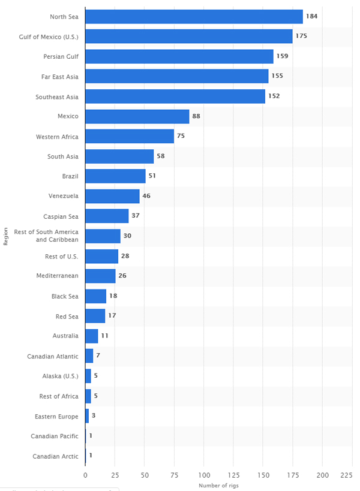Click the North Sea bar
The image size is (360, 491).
[194, 16]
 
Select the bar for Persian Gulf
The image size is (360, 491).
[179, 56]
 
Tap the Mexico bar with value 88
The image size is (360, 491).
[137, 116]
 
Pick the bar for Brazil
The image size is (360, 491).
[115, 176]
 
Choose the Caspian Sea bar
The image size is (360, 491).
[107, 216]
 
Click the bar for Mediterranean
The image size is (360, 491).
[100, 276]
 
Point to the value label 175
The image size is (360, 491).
[301, 36]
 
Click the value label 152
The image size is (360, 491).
[274, 96]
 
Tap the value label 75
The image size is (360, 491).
[181, 136]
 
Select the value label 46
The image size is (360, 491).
[146, 196]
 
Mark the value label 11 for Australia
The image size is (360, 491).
[104, 336]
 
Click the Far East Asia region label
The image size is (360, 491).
[58, 76]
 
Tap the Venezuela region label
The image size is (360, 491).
[63, 196]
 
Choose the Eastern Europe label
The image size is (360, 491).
[56, 415]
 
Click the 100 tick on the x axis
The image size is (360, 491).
[203, 475]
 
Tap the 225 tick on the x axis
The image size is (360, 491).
[346, 475]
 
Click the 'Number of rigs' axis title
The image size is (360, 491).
[215, 484]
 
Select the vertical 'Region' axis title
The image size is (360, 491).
[6, 236]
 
